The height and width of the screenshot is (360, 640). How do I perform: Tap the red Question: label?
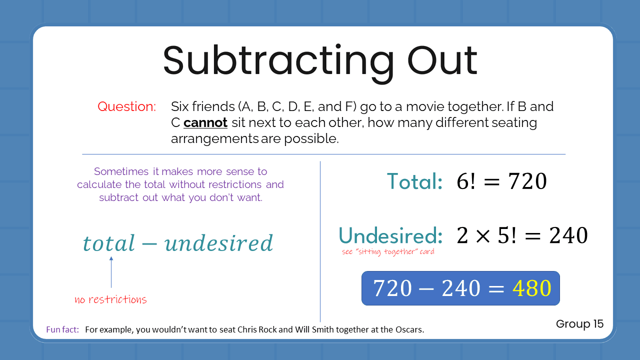126,106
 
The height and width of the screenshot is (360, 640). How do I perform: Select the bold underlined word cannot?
205,122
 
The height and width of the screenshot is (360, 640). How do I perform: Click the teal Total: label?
414,181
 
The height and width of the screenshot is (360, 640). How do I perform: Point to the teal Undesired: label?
390,235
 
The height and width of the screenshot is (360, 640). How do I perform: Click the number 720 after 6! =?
527,181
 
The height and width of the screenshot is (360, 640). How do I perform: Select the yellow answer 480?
531,288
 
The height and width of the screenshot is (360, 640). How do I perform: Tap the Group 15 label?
579,324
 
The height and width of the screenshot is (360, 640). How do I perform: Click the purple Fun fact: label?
62,329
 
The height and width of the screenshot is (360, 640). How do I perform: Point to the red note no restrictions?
110,300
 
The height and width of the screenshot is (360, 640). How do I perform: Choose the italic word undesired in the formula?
218,243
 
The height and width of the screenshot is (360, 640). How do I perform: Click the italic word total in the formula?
109,243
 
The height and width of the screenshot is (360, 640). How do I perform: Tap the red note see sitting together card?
388,251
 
